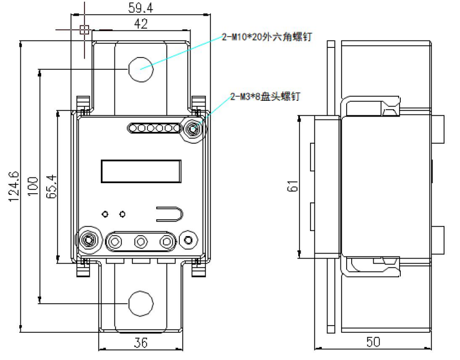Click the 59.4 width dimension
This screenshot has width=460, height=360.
[x=126, y=7]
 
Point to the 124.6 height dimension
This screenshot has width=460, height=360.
[x=14, y=186]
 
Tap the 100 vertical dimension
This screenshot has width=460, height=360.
[x=33, y=186]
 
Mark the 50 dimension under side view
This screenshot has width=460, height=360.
[x=373, y=342]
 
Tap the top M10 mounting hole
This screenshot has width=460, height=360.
[x=140, y=69]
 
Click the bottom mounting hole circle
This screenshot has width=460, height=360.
[x=140, y=304]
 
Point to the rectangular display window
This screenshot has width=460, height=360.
[x=141, y=171]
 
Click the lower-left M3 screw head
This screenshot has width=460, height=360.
[x=89, y=241]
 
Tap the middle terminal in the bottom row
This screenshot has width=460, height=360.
[x=140, y=242]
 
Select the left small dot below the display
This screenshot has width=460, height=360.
[x=105, y=214]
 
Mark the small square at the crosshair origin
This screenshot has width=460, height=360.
[x=84, y=30]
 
